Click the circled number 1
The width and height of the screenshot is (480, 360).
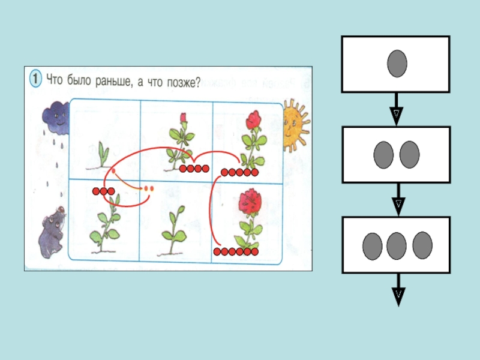[35, 80]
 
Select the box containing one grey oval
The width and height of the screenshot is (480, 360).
[396, 64]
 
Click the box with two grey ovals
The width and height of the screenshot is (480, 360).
[396, 154]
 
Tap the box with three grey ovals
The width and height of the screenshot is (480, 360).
[396, 245]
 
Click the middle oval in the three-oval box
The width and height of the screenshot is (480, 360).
[397, 245]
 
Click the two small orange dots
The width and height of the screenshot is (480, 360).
[148, 189]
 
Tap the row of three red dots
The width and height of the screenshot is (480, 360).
[103, 191]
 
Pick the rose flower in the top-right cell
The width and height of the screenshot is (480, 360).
[253, 120]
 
